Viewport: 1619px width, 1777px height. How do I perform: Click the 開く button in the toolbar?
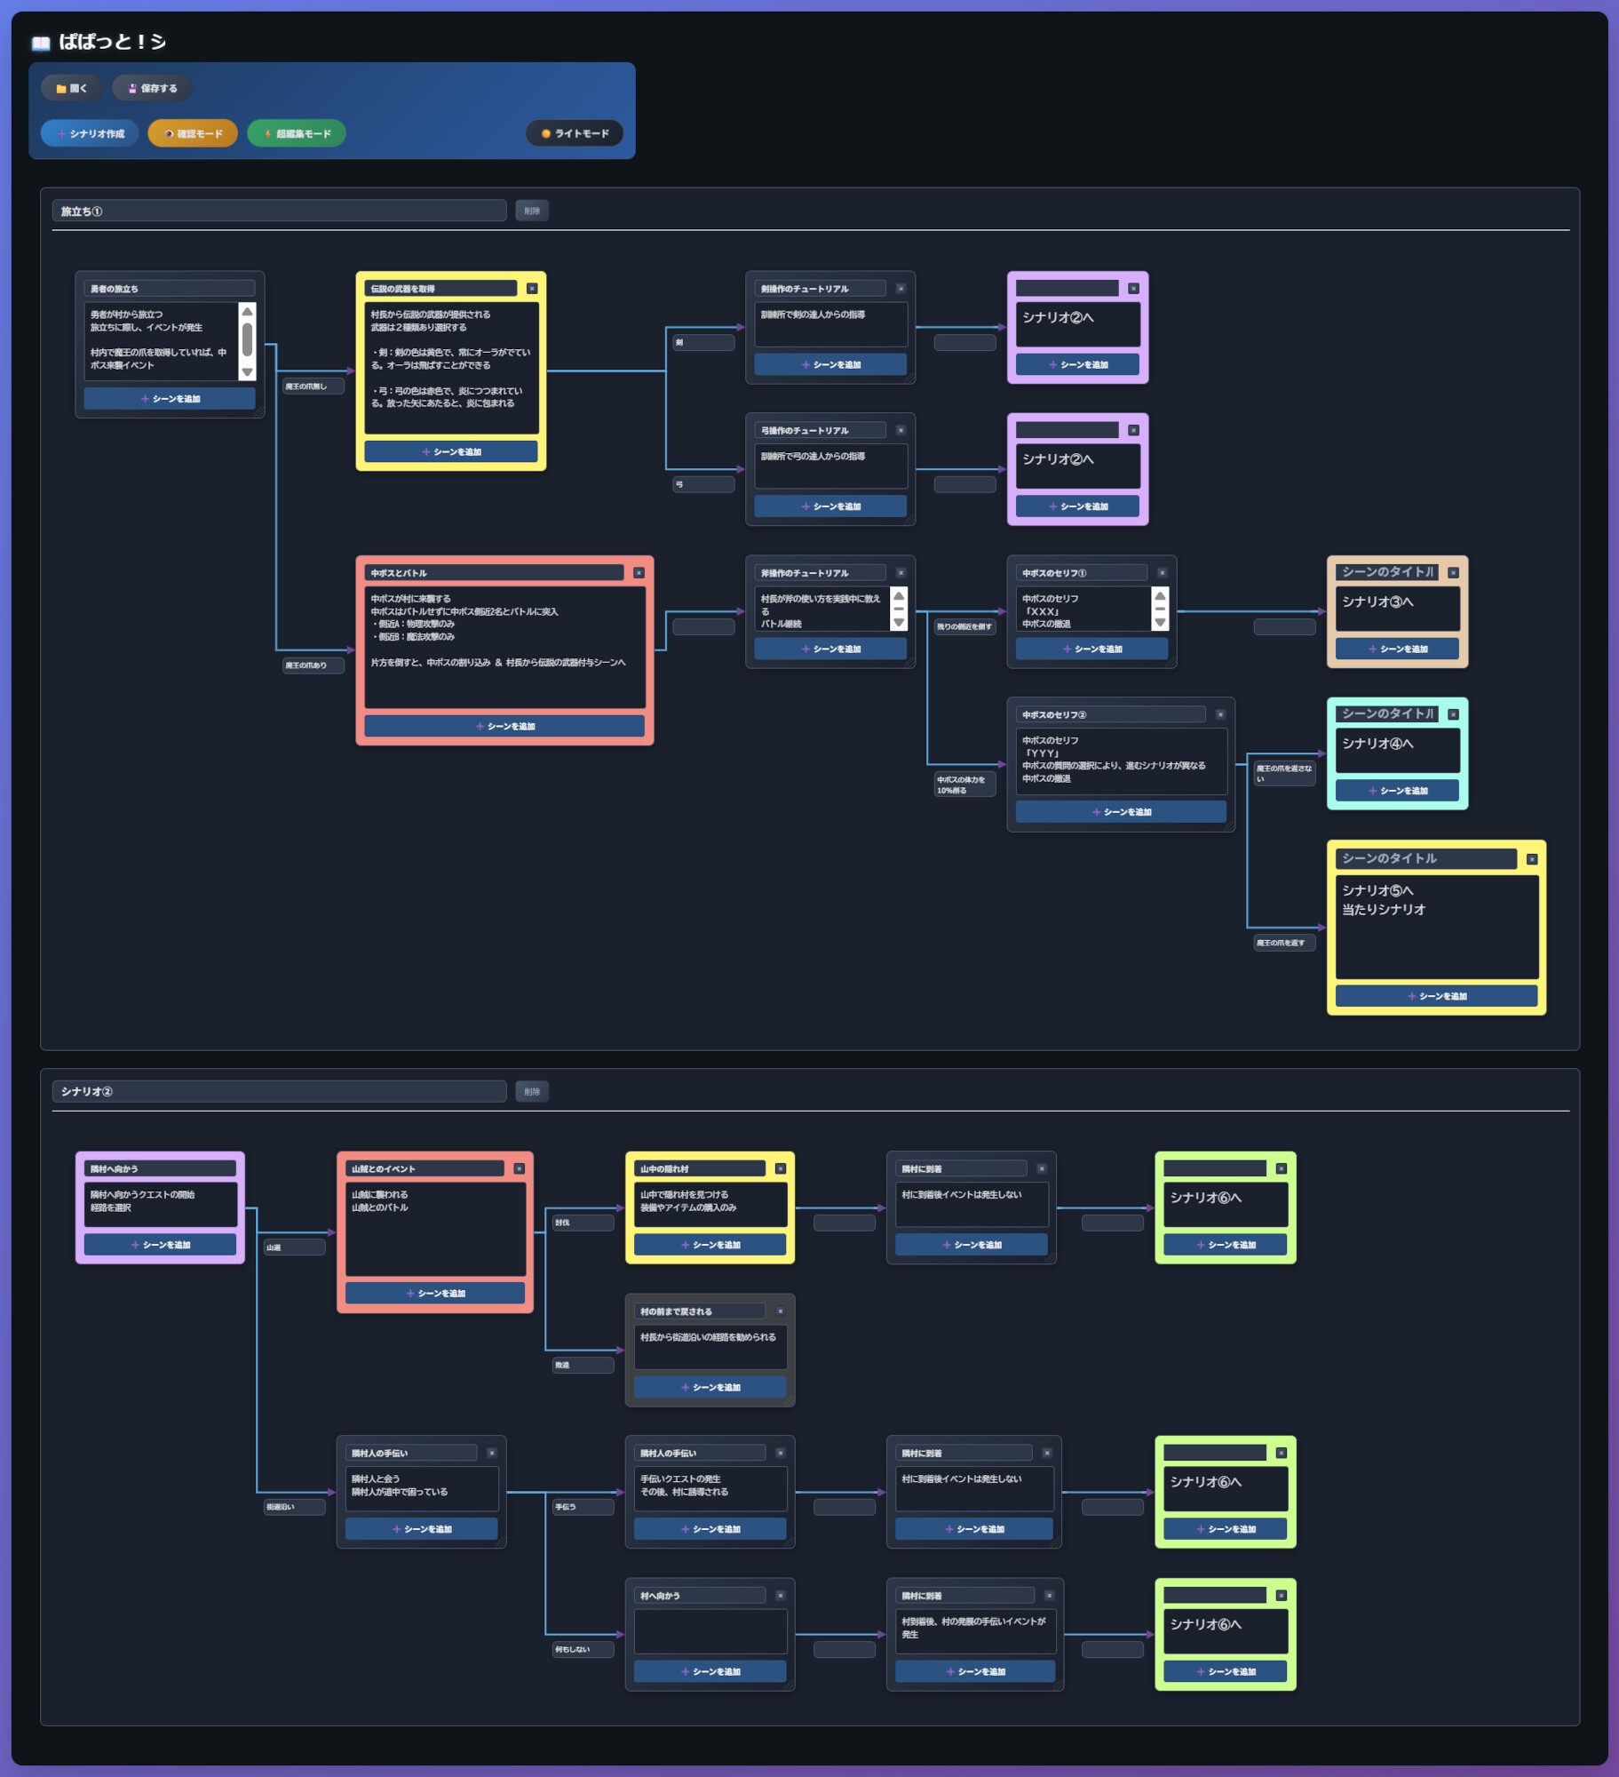72,88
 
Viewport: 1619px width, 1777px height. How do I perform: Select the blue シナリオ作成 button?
90,133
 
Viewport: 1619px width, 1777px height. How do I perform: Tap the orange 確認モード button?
193,133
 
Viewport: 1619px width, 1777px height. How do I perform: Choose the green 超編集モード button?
297,133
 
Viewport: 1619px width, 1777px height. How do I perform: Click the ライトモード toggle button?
575,133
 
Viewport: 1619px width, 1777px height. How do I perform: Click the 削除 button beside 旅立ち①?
532,211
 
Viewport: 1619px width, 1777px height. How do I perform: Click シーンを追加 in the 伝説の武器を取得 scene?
451,451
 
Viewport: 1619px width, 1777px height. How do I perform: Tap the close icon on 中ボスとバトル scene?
639,573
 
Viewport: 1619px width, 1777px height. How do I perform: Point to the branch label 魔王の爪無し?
306,386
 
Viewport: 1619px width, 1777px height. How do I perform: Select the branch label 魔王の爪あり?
306,665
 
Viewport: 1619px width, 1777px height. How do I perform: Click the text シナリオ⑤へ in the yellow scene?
1377,890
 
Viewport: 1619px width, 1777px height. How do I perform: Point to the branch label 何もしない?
574,1650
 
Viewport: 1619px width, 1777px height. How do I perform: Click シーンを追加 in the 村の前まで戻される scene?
710,1387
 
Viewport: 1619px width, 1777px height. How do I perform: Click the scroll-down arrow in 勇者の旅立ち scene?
248,372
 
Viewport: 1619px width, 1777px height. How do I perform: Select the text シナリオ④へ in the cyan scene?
1377,744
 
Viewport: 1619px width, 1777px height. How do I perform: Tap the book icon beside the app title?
41,43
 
